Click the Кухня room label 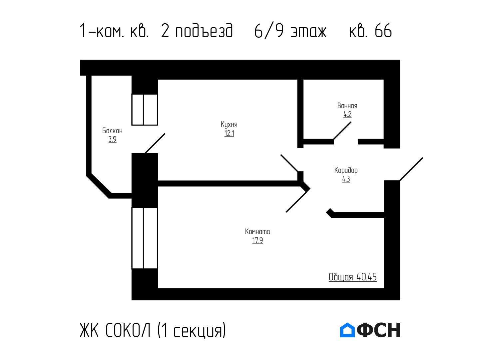(x=229, y=125)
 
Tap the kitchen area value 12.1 (x=229, y=133)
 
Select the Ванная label (x=347, y=106)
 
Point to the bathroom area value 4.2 (x=347, y=114)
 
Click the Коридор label (x=346, y=170)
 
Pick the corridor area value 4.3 (x=346, y=179)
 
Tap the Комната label (x=257, y=231)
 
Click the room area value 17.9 (x=257, y=240)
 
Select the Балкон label (x=112, y=131)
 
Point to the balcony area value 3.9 (x=112, y=139)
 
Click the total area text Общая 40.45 (x=352, y=277)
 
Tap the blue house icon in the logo (x=347, y=330)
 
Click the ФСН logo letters (x=379, y=330)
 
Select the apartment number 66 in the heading (x=383, y=31)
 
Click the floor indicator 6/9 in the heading (x=269, y=31)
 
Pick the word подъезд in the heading (x=204, y=31)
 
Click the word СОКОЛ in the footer (x=128, y=330)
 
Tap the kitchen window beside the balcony (x=145, y=110)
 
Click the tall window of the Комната (x=145, y=238)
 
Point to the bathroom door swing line (x=342, y=131)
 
